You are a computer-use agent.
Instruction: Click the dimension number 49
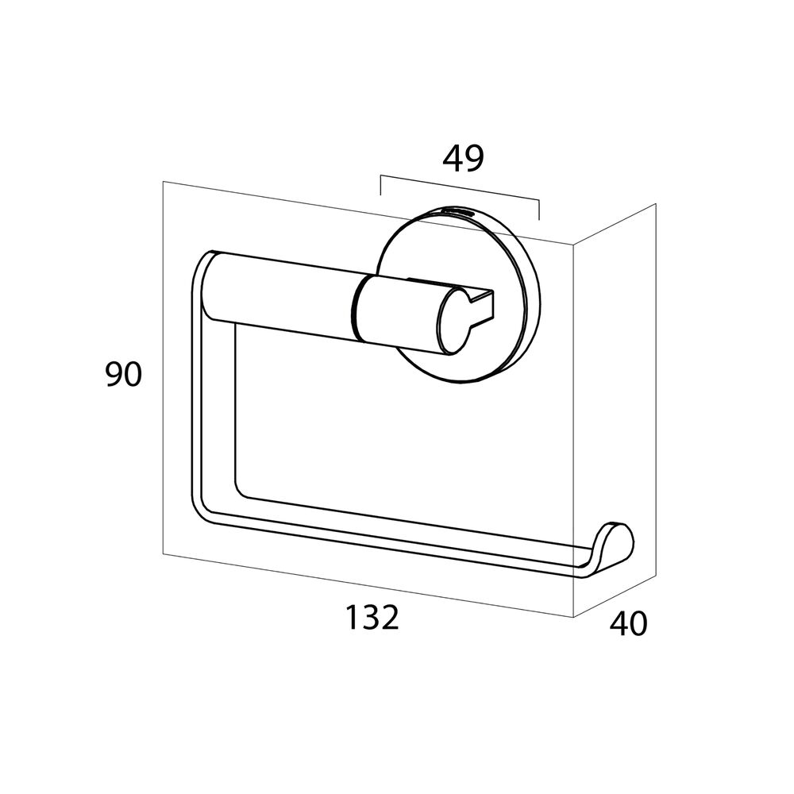(464, 159)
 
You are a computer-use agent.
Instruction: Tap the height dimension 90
(124, 375)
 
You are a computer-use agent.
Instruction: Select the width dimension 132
(372, 617)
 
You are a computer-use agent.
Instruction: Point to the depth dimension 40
(628, 623)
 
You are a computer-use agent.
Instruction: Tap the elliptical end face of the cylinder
(453, 319)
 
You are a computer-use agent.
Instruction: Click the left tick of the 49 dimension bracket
(380, 185)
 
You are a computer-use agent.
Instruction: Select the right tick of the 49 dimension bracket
(539, 210)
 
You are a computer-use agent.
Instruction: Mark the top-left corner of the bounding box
(163, 181)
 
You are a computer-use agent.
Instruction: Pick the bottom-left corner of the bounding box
(163, 554)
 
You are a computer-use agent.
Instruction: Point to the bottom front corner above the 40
(573, 617)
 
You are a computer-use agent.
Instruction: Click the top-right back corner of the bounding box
(656, 204)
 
